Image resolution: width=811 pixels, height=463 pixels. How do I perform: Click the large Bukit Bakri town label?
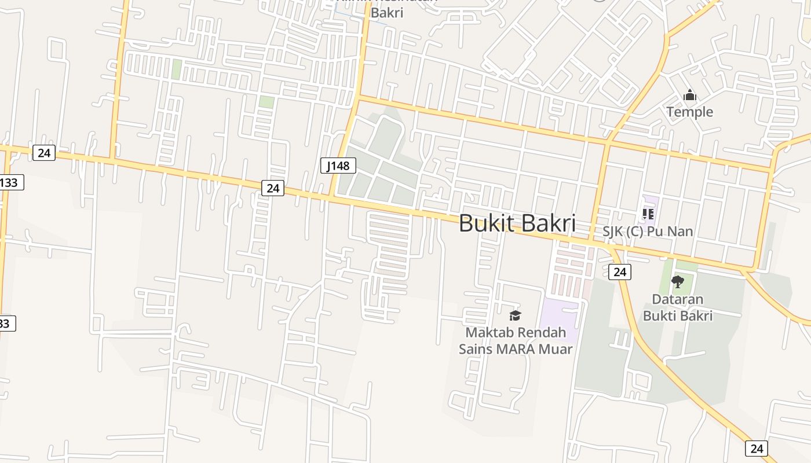pyautogui.click(x=517, y=223)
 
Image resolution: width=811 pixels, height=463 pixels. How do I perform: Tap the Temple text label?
pyautogui.click(x=689, y=112)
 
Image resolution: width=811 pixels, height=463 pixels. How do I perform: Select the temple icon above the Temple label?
pyautogui.click(x=689, y=95)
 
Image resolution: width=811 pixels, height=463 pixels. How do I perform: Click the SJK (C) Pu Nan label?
pyautogui.click(x=648, y=231)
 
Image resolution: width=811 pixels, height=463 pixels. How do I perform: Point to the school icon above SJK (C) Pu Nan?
pyautogui.click(x=648, y=214)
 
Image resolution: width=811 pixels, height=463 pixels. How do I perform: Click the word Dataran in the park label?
pyautogui.click(x=678, y=299)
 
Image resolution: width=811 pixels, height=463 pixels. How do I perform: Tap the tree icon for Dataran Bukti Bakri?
pyautogui.click(x=678, y=282)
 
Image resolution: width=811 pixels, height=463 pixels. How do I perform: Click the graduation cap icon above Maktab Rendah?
pyautogui.click(x=515, y=315)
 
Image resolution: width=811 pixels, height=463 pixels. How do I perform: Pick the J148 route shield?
pyautogui.click(x=338, y=166)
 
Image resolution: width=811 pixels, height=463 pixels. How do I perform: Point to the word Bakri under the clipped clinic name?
pyautogui.click(x=386, y=12)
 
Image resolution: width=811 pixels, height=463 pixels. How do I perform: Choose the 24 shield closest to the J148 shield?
pyautogui.click(x=273, y=188)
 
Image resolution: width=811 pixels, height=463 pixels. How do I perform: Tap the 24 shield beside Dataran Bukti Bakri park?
pyautogui.click(x=620, y=271)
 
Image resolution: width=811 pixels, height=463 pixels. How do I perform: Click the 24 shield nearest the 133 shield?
pyautogui.click(x=44, y=153)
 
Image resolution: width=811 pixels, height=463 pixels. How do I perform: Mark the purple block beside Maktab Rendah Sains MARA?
pyautogui.click(x=559, y=320)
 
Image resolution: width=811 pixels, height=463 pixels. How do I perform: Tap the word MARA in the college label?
pyautogui.click(x=514, y=349)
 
